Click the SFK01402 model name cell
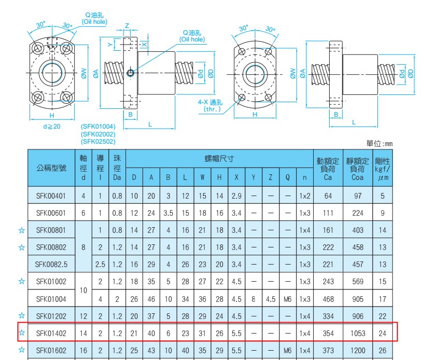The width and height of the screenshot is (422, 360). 51,334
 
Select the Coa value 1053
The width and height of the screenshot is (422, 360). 358,334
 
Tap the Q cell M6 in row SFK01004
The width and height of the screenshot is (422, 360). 287,299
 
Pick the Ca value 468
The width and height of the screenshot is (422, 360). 328,299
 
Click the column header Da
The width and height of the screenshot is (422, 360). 117,177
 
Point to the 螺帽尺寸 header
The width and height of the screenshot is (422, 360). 219,159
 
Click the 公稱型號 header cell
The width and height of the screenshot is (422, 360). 51,168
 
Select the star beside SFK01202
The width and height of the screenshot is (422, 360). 22,315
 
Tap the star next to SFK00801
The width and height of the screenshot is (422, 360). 22,230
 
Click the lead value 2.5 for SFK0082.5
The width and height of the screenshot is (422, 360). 100,265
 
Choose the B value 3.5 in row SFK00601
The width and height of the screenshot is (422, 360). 168,213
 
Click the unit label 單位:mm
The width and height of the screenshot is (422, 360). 379,144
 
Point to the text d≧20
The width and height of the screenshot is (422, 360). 52,126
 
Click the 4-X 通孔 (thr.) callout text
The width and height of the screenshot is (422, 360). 210,105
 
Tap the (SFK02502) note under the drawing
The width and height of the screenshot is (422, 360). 98,142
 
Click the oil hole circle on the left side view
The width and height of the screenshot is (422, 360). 131,73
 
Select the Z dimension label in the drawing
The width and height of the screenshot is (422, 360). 127,26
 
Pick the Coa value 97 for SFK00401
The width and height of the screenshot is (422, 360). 358,196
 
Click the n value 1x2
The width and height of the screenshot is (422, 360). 305,196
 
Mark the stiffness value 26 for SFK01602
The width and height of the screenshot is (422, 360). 383,351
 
